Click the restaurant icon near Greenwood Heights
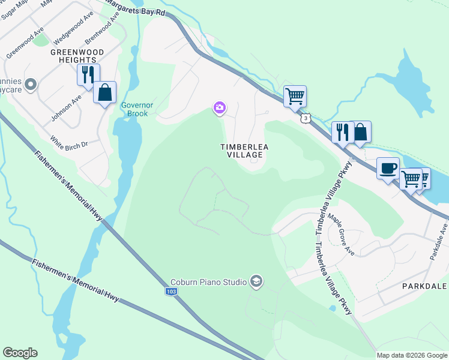[88, 75]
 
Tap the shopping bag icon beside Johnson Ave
[104, 92]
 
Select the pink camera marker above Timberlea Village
[220, 108]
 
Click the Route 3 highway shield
[307, 119]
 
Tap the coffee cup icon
[388, 168]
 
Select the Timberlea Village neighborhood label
[241, 151]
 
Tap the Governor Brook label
[138, 109]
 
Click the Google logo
[20, 353]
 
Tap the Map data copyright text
[412, 355]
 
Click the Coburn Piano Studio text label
[208, 282]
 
